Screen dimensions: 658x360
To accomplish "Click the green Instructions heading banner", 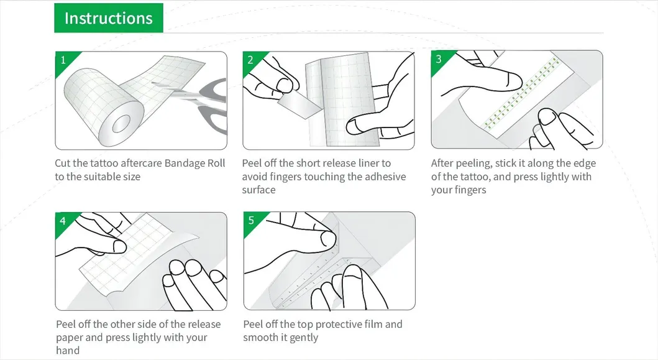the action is (x=109, y=17).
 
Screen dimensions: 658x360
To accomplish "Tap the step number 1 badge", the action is (x=63, y=60).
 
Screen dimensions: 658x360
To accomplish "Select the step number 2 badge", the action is (x=250, y=60).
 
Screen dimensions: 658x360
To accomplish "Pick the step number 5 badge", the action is (x=252, y=221).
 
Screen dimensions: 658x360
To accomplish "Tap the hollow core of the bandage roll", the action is (x=121, y=124).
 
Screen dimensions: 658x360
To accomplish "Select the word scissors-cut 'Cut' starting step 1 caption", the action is (x=63, y=163).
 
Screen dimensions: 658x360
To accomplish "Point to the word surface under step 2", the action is (x=259, y=190).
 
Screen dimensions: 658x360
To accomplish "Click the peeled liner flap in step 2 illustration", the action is (x=300, y=104).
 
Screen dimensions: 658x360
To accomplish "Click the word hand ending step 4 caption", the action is (x=68, y=350).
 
